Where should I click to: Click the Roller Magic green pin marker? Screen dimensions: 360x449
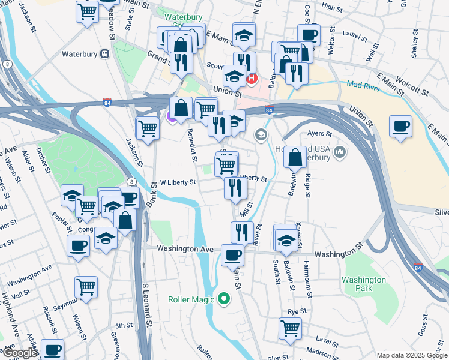[224, 298]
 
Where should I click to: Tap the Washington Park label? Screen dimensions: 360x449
[364, 284]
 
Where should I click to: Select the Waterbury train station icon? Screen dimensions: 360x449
[104, 53]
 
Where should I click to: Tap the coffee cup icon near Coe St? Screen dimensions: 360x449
[309, 35]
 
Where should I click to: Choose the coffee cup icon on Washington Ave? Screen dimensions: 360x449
[232, 254]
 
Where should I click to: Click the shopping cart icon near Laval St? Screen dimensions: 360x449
[290, 328]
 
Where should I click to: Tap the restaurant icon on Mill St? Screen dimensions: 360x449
[236, 188]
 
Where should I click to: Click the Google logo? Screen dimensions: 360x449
[19, 353]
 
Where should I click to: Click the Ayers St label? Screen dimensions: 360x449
[320, 133]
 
